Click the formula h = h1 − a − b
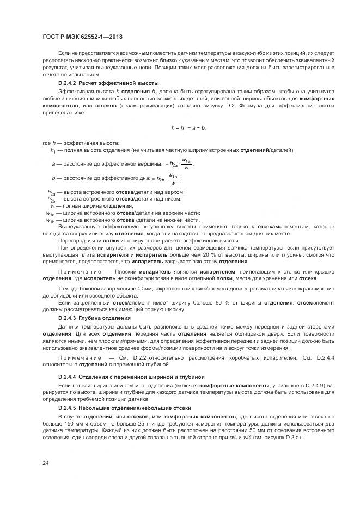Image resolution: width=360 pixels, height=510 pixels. tap(188, 127)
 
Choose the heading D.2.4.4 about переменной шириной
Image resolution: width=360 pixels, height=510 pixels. tap(131, 376)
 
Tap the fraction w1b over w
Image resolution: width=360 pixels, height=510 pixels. tap(173, 178)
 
